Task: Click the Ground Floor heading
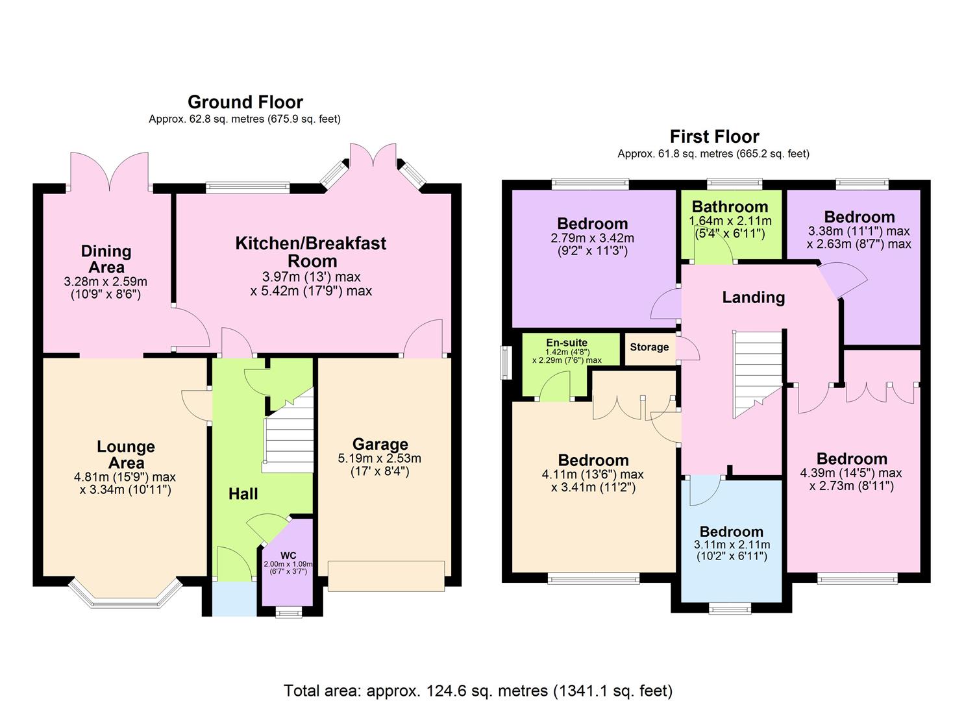tap(245, 103)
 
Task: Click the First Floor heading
tap(714, 137)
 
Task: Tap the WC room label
tap(288, 555)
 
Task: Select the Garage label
tap(380, 445)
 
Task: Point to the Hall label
tap(243, 494)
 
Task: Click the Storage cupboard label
tap(649, 347)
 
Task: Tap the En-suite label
tap(567, 343)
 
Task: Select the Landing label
tap(753, 297)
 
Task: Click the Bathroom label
tap(730, 207)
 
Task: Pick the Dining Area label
tap(106, 259)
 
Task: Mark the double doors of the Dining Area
tap(108, 170)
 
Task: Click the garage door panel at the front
tap(386, 576)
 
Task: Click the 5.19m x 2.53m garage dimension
tap(380, 458)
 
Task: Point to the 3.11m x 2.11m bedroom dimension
tap(732, 545)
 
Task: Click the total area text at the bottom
tap(478, 690)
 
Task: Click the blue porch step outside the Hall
tap(234, 598)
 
